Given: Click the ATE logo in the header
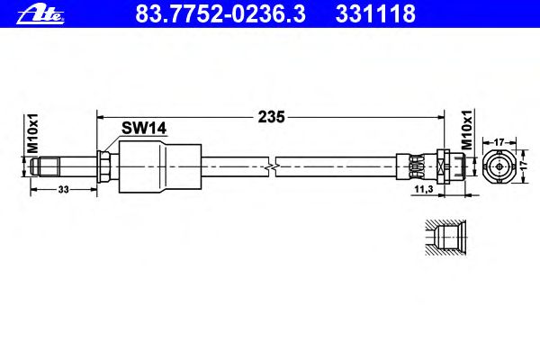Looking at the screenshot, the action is [40, 15].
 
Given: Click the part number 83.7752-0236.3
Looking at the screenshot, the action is [220, 14].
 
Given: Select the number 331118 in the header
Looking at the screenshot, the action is [375, 14].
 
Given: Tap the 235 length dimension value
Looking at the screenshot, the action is [272, 117].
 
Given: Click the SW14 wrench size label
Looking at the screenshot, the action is [144, 129].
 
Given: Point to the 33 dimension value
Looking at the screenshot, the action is [63, 190].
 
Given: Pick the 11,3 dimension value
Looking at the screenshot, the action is [424, 189].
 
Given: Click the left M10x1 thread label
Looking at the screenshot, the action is [33, 133].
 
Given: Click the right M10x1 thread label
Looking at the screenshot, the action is [467, 130].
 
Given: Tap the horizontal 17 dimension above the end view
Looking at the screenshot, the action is [499, 141].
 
